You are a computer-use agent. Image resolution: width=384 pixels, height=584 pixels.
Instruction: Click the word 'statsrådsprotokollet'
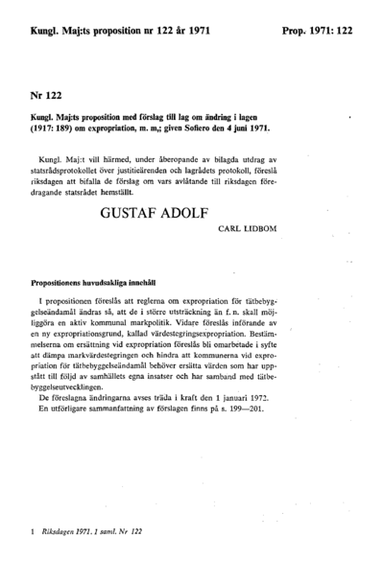pyautogui.click(x=77, y=163)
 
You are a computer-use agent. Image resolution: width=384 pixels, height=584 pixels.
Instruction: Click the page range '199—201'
pyautogui.click(x=257, y=408)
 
